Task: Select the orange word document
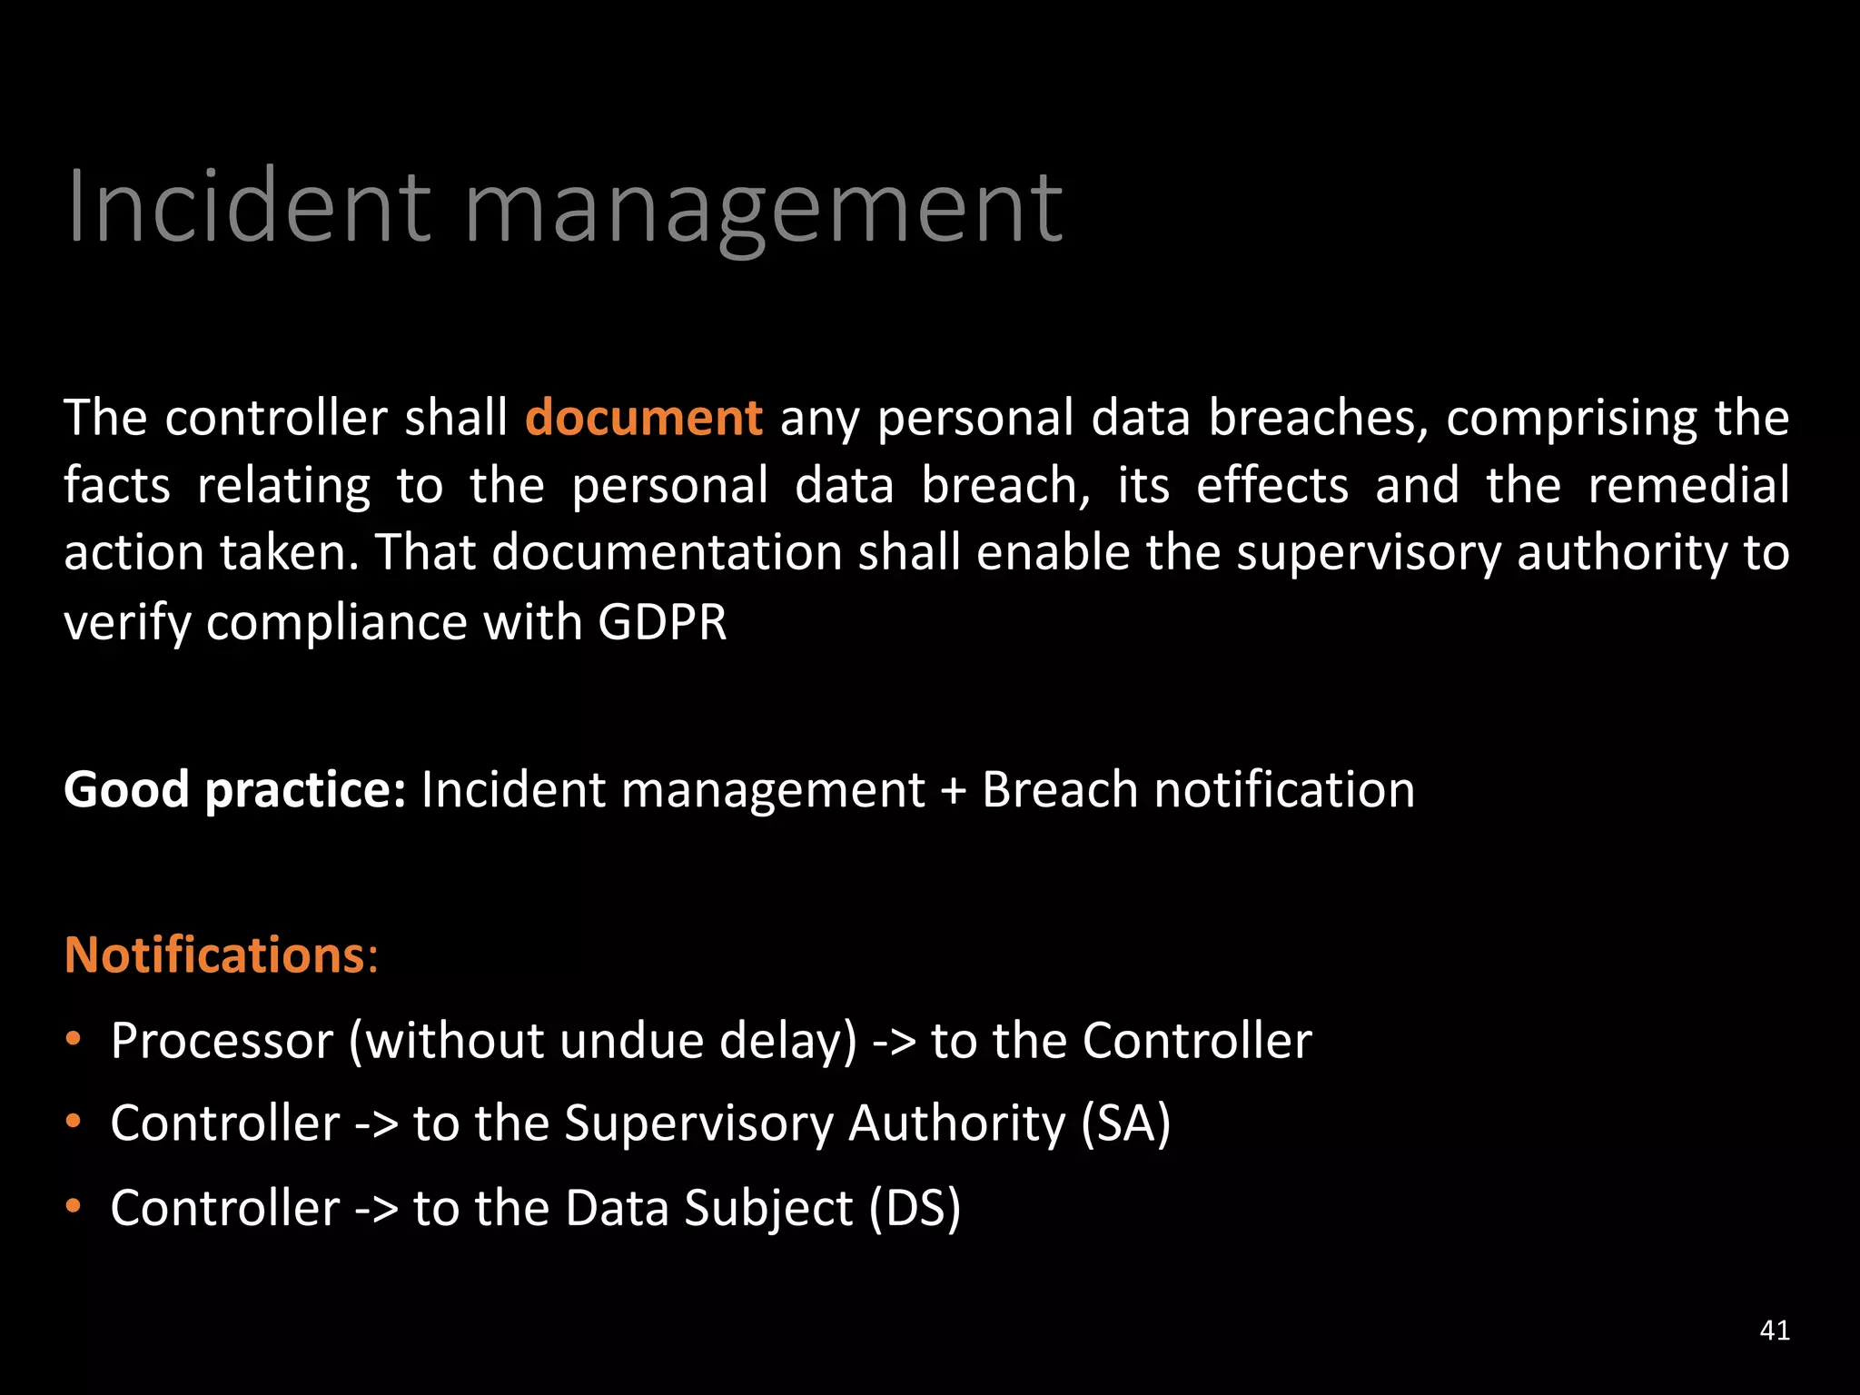pos(644,418)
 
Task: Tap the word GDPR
pos(662,622)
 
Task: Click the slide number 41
pos(1775,1330)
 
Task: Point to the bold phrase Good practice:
pos(234,789)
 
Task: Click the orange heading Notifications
pos(215,955)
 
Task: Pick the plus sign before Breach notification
pos(953,790)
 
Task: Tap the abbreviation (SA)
pos(1125,1123)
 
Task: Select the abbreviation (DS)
pos(915,1208)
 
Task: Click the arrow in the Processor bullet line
pos(894,1042)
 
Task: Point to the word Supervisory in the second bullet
pos(698,1124)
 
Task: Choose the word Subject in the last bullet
pos(768,1209)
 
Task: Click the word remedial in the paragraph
pos(1687,485)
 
